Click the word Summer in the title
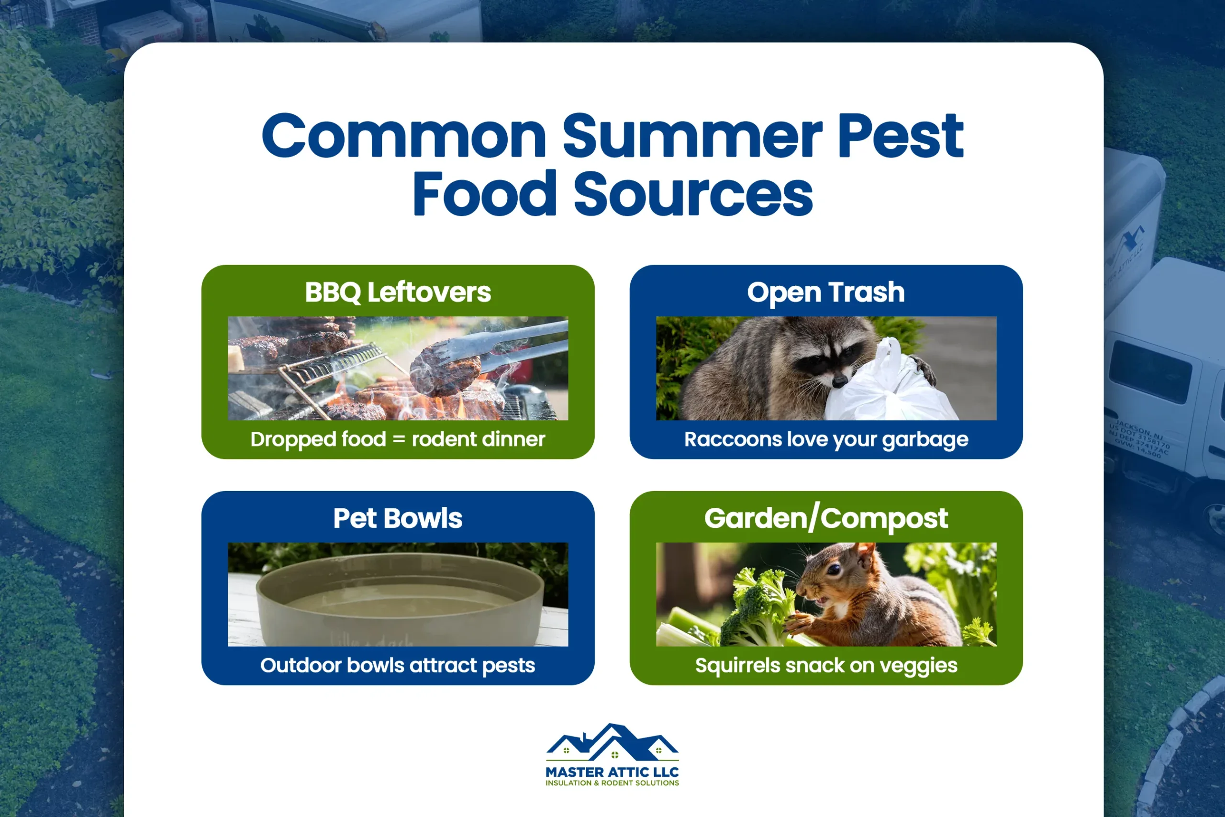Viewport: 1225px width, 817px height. point(692,136)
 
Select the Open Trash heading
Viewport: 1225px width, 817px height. point(826,292)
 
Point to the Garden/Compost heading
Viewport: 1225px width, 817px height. point(826,518)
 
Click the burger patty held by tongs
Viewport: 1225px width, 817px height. point(444,371)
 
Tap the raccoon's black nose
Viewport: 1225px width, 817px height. point(839,382)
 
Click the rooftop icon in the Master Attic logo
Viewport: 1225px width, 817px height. point(612,741)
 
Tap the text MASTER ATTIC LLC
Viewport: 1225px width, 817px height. point(612,772)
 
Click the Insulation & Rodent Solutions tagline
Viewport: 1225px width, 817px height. point(612,783)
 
